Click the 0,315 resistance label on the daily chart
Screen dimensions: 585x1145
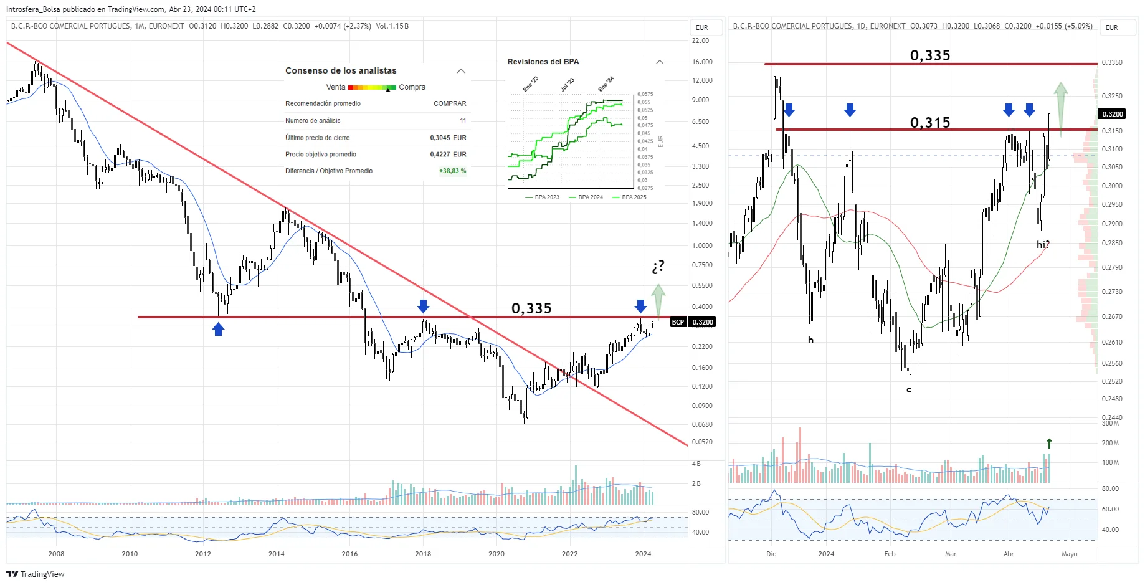930,122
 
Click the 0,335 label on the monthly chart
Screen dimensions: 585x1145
531,308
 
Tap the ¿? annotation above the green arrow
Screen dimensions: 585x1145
658,267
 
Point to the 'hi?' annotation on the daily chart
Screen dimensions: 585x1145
1043,245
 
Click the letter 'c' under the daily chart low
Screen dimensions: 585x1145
909,390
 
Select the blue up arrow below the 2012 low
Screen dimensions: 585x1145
218,329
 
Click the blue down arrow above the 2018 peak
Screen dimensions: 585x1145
423,306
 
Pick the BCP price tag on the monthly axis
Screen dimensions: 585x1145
678,322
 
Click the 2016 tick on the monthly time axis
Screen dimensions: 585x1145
349,554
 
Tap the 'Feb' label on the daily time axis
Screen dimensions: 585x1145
890,554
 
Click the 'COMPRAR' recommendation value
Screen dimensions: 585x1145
450,103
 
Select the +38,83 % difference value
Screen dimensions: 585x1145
452,171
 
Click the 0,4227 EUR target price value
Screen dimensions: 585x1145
448,154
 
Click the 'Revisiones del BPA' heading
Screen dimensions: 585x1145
543,62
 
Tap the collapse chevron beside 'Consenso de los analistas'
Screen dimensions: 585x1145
461,71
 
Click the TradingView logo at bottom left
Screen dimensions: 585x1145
36,574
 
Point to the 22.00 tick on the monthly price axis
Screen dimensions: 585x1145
700,40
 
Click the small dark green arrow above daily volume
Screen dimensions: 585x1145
1049,443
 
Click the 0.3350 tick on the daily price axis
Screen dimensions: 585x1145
1112,62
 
